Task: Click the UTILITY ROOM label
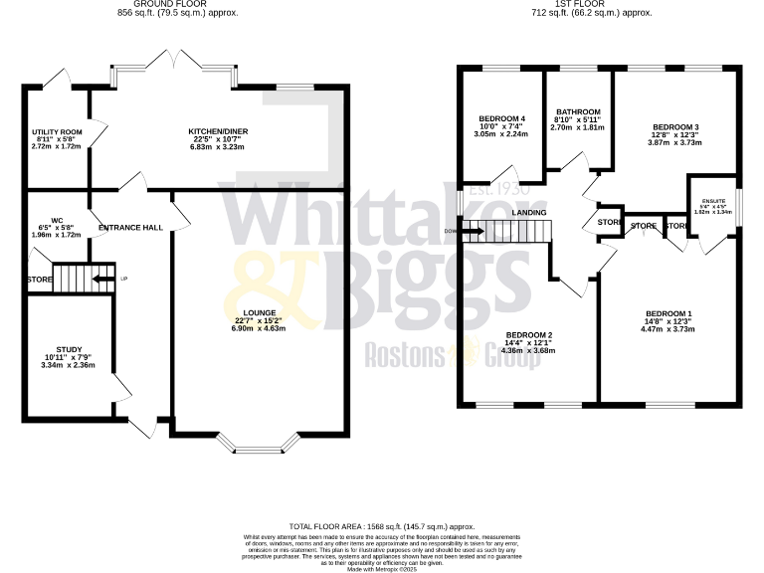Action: pyautogui.click(x=56, y=131)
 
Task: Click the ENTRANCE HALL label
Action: pyautogui.click(x=130, y=228)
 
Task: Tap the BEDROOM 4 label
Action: pyautogui.click(x=501, y=119)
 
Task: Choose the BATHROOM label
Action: pyautogui.click(x=578, y=111)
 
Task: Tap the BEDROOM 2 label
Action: pyautogui.click(x=528, y=334)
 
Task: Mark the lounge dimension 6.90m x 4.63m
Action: pyautogui.click(x=261, y=328)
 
